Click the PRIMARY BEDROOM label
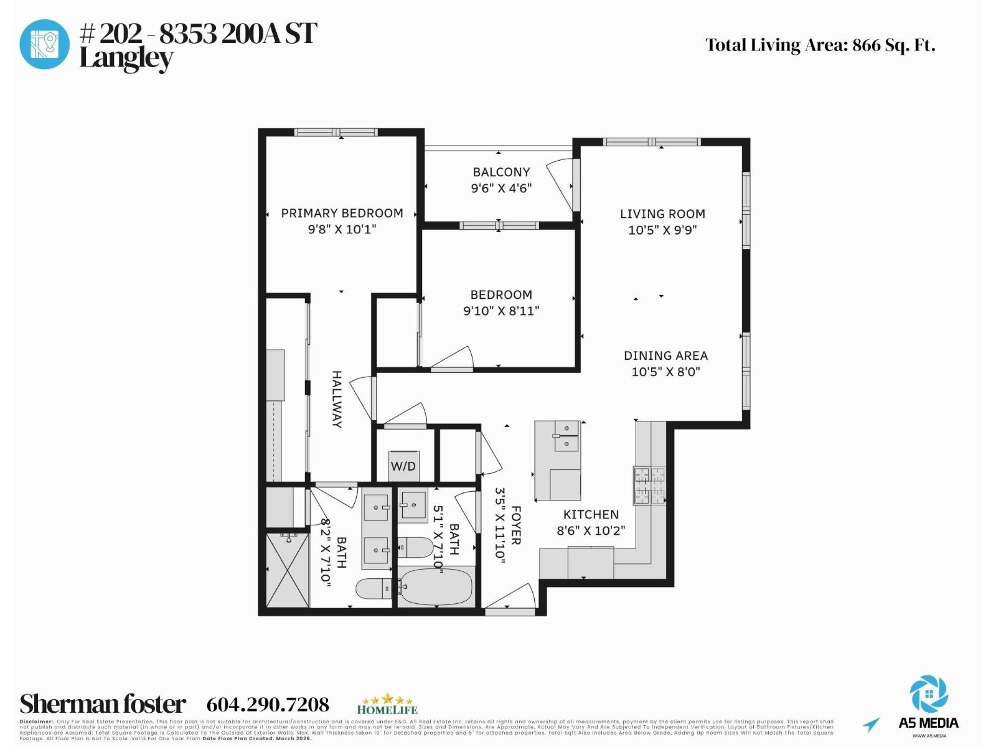point(342,213)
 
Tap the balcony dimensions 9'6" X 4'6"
point(501,188)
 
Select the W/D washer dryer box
point(403,466)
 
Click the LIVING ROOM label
point(662,214)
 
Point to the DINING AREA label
point(665,355)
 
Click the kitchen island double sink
point(566,436)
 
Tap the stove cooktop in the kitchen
point(649,486)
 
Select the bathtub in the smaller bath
point(436,586)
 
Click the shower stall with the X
point(288,570)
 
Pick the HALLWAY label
point(337,399)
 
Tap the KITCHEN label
point(591,514)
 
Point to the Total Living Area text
point(820,45)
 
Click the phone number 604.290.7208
point(268,704)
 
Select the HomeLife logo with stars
point(387,704)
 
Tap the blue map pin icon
point(44,44)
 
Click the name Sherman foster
point(103,704)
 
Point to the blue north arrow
point(872,724)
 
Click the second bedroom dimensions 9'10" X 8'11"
point(501,311)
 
